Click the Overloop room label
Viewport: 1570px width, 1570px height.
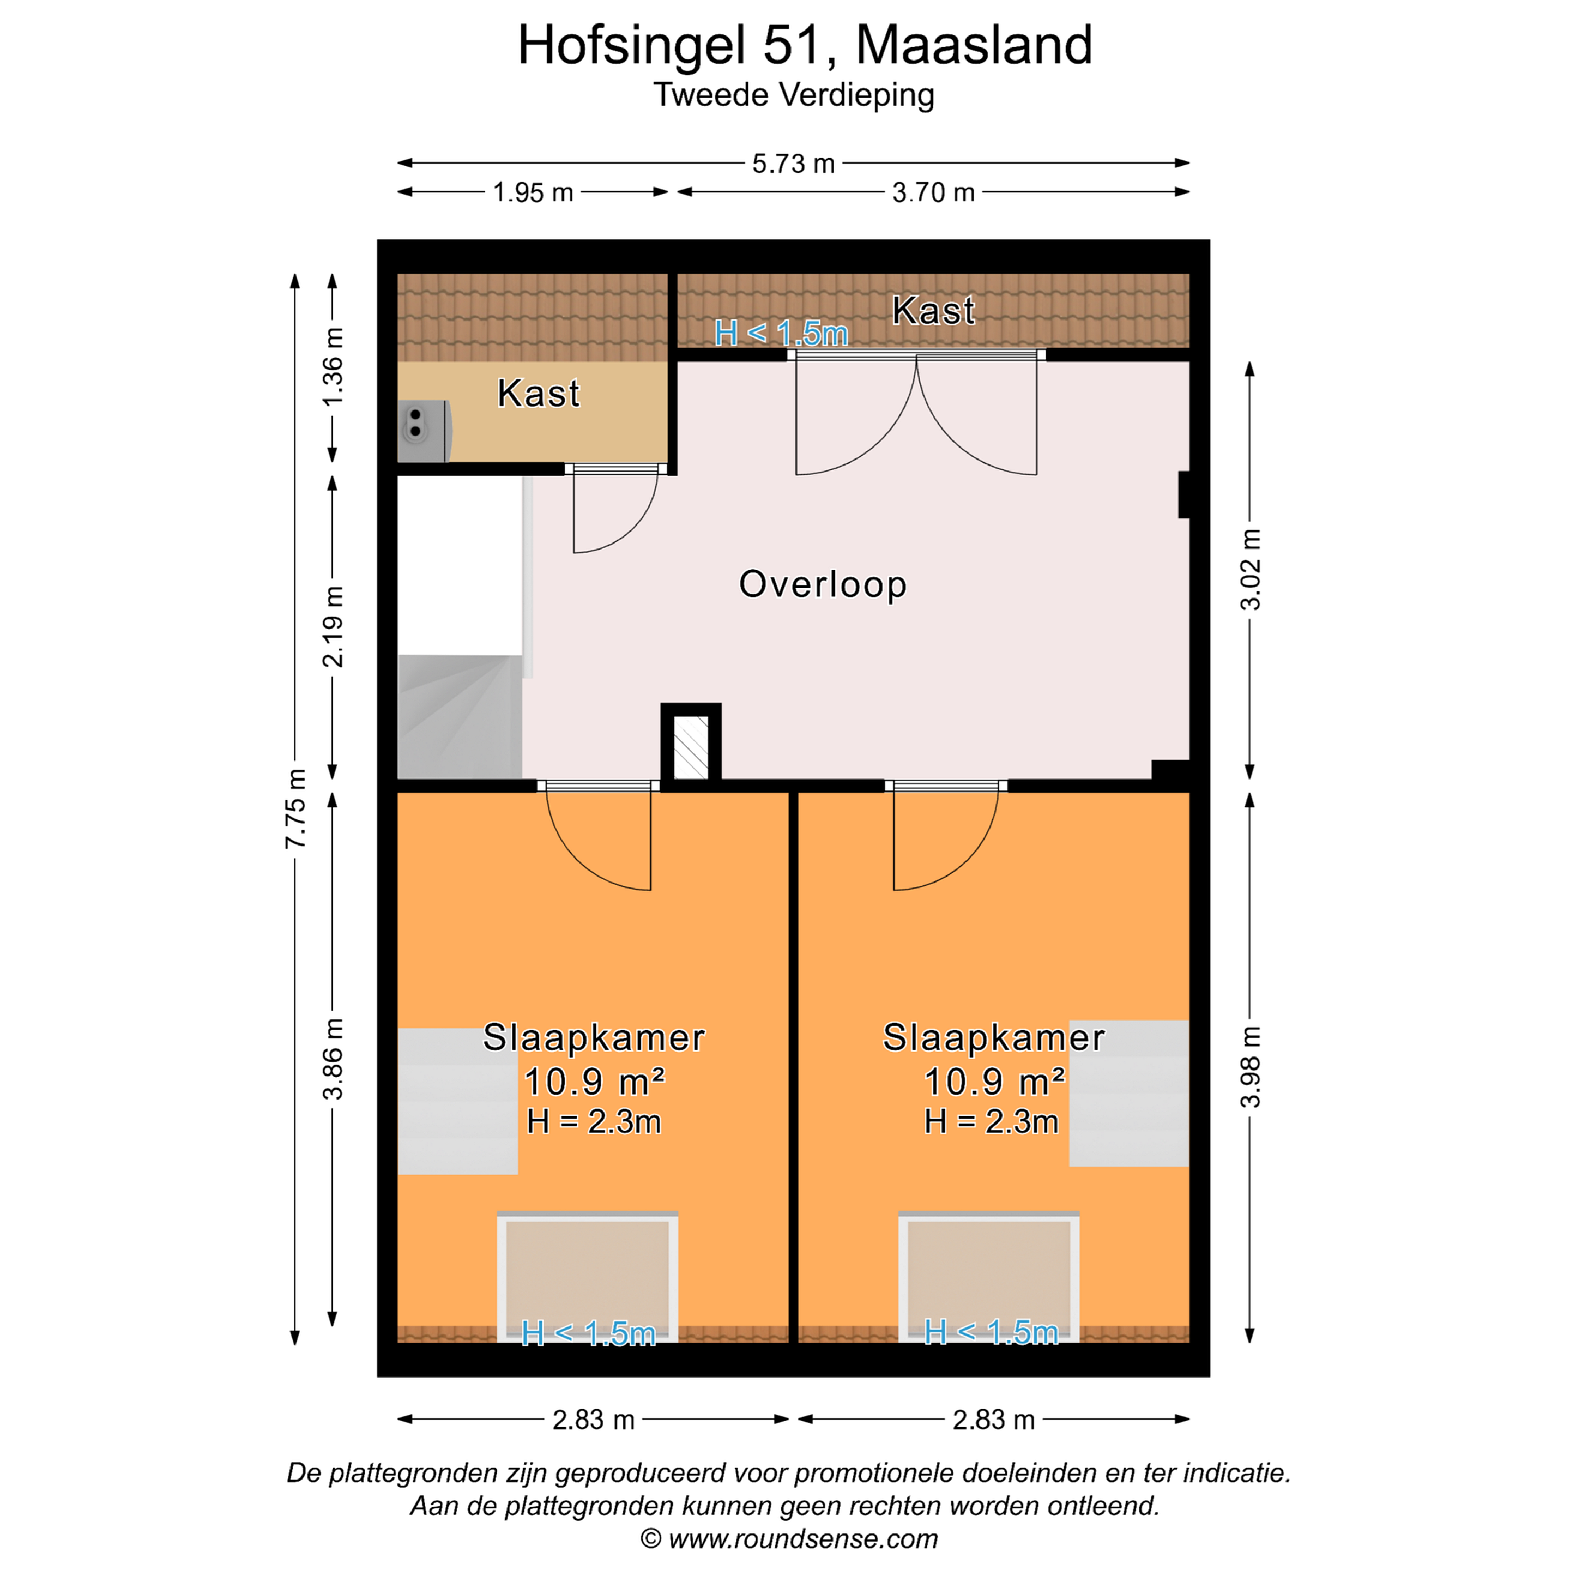[823, 585]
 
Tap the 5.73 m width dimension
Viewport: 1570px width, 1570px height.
[793, 164]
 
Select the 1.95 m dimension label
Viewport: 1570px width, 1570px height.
[533, 192]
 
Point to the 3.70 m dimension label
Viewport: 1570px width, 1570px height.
[933, 192]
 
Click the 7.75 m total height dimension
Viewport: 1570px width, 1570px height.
[296, 808]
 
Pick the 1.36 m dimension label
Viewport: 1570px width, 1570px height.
[333, 366]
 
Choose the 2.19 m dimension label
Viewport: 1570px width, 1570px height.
[333, 626]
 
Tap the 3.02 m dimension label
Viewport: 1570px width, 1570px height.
[1251, 569]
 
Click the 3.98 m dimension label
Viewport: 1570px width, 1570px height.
[1251, 1067]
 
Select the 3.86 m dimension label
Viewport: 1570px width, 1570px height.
[333, 1059]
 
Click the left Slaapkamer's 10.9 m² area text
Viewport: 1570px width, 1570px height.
[594, 1082]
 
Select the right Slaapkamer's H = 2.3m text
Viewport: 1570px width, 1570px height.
[992, 1122]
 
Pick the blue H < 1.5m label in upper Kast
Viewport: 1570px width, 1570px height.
[781, 333]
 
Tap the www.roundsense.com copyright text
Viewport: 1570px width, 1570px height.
[789, 1539]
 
